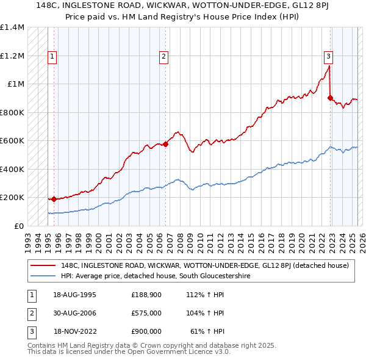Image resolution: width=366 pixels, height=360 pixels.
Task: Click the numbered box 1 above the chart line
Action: pyautogui.click(x=53, y=57)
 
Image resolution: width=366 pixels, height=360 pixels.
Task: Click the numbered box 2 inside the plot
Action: pyautogui.click(x=164, y=57)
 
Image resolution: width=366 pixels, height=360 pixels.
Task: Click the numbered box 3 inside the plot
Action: pyautogui.click(x=328, y=57)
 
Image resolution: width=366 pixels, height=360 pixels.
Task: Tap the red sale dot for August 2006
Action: pyautogui.click(x=165, y=145)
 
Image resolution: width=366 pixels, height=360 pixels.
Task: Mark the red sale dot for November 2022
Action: pyautogui.click(x=330, y=98)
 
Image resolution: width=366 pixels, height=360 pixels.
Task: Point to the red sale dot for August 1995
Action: pyautogui.click(x=54, y=199)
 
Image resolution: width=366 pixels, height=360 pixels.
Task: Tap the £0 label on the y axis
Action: pyautogui.click(x=18, y=226)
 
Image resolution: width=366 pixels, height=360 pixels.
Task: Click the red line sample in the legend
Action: pyautogui.click(x=43, y=265)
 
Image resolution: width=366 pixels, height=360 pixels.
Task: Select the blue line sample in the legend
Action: pyautogui.click(x=43, y=276)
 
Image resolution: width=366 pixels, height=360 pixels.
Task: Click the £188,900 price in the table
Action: pyautogui.click(x=146, y=294)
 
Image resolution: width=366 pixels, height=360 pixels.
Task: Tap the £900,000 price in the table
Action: pyautogui.click(x=146, y=331)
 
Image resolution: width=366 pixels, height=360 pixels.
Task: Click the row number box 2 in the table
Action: pyautogui.click(x=30, y=312)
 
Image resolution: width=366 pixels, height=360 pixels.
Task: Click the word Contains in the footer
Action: pyautogui.click(x=43, y=345)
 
